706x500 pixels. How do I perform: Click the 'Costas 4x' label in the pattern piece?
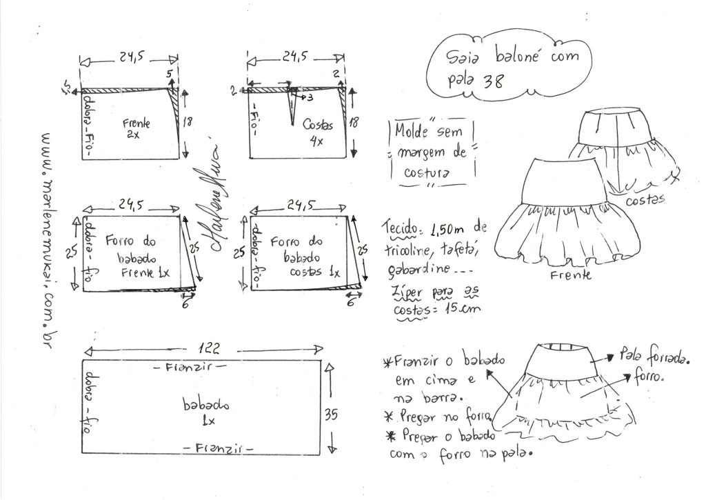317,131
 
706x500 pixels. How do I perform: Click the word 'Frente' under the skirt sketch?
572,275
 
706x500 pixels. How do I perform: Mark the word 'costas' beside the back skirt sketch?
645,199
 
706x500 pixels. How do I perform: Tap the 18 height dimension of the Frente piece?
187,123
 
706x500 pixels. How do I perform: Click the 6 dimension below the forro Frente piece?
185,301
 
